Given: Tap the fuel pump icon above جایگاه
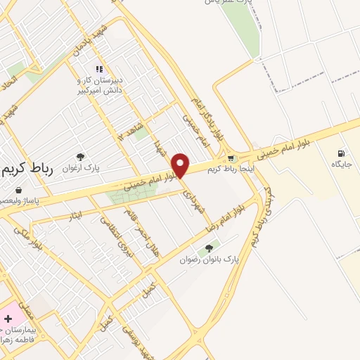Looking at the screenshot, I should [x=341, y=153].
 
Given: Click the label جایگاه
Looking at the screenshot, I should [x=342, y=164].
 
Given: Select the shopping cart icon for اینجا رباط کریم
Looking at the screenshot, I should [x=231, y=158].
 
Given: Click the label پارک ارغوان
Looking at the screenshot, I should [x=78, y=168].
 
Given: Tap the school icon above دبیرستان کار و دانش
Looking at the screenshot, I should [x=99, y=69].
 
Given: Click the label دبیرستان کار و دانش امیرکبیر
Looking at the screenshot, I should [x=99, y=85].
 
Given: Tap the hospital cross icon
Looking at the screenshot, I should [x=8, y=319].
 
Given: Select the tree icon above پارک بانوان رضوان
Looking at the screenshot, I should [x=208, y=249].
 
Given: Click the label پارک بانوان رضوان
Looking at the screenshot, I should [x=207, y=260].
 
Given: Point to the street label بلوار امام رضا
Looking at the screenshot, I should [x=224, y=219].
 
